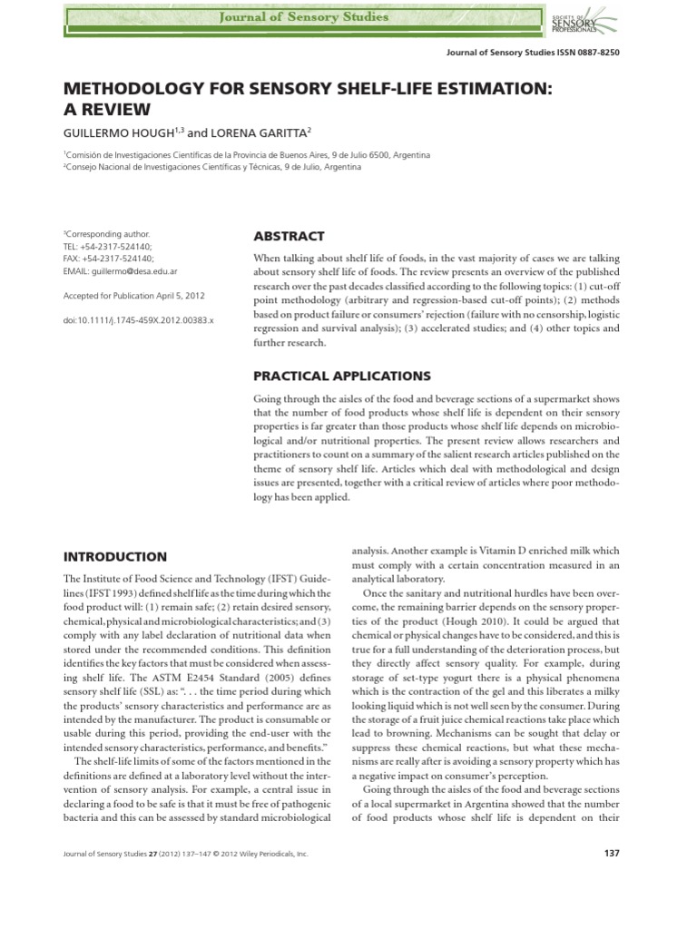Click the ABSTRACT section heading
(289, 236)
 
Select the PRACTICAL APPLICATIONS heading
(342, 376)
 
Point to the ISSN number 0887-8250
(598, 53)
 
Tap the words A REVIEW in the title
(106, 110)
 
